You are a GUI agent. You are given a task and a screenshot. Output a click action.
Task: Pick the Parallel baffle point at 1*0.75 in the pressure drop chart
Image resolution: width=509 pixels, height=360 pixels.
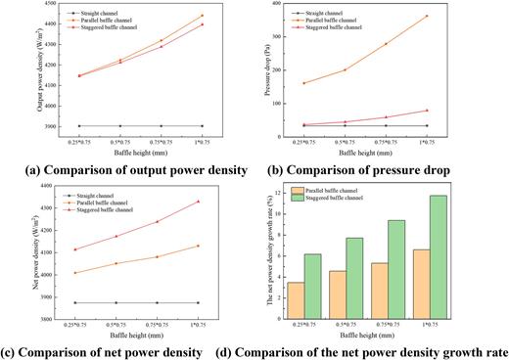(425, 16)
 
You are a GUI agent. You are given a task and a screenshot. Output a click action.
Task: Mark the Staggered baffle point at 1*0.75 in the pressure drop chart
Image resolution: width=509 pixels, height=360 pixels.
(425, 111)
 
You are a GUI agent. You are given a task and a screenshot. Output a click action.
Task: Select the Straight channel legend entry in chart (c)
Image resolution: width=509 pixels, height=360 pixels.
(98, 194)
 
